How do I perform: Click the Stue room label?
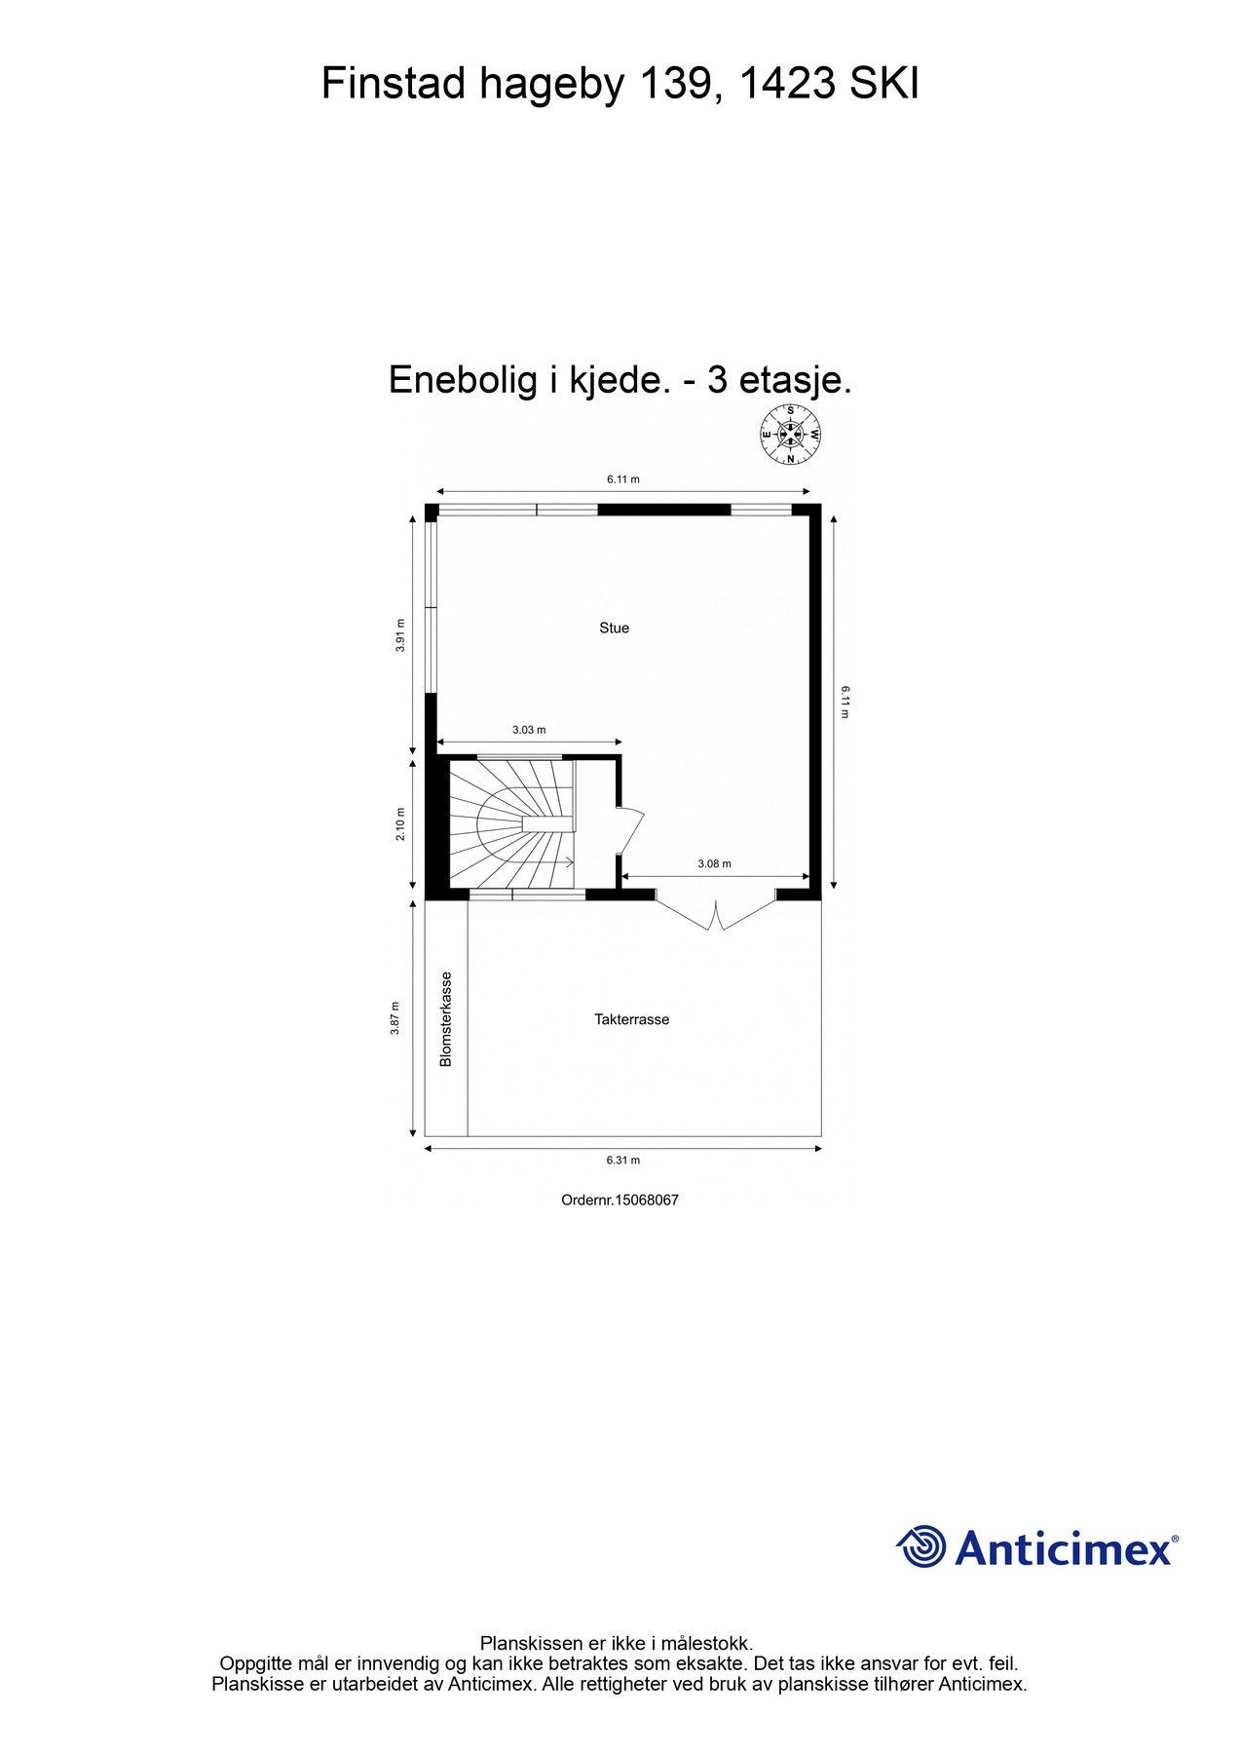point(614,629)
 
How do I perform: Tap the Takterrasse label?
point(631,1020)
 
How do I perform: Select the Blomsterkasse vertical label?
point(446,1019)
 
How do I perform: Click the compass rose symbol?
point(791,435)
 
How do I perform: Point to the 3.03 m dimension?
point(529,730)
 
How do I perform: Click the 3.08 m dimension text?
point(714,863)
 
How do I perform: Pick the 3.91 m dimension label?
point(399,635)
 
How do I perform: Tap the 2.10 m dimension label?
point(399,824)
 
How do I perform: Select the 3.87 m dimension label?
point(395,1018)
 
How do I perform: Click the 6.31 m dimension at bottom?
point(623,1161)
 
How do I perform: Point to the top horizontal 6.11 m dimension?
point(623,479)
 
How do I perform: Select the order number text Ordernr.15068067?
point(620,1201)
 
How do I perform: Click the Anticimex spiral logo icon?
point(921,1546)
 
